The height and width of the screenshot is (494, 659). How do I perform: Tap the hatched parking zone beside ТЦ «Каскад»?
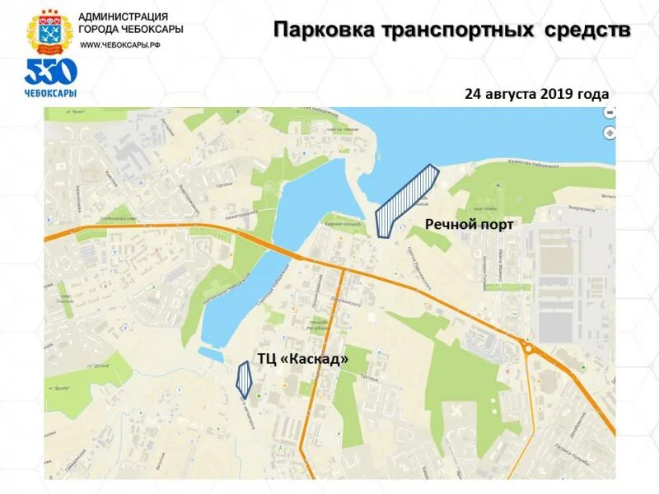[244, 378]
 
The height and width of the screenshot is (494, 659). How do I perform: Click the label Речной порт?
[469, 224]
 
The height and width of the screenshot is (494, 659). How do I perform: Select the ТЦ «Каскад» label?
[302, 359]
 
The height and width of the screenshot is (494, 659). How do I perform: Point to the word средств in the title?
[587, 31]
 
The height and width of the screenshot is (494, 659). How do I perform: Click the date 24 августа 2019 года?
[536, 94]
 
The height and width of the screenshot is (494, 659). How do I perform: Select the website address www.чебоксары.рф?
[119, 44]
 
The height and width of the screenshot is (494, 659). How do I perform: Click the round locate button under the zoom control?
[609, 133]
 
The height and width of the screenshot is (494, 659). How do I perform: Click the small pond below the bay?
[209, 355]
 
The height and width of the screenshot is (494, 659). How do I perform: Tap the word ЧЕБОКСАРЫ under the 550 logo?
[50, 92]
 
